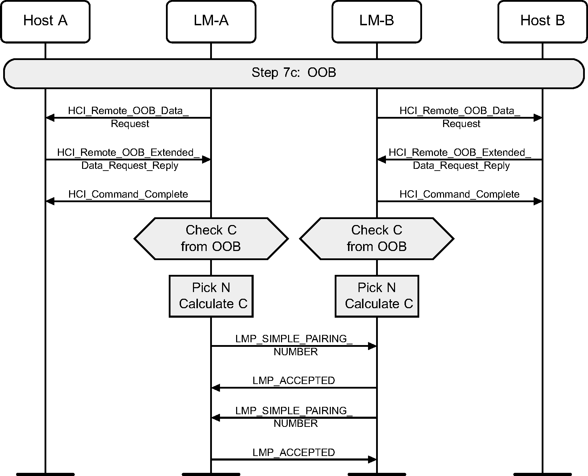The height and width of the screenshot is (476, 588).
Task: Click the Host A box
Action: pos(45,21)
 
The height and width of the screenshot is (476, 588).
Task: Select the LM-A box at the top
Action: pos(211,21)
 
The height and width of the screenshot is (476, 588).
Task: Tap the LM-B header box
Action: pos(376,21)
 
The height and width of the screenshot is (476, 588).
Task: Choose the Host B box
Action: pos(542,21)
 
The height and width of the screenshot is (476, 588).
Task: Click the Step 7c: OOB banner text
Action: pos(294,73)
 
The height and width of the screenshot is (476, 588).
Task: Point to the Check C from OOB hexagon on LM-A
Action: pos(211,238)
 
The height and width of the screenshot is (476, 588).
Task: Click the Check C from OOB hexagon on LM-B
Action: pos(376,238)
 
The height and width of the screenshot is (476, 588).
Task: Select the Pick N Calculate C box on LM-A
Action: pos(211,296)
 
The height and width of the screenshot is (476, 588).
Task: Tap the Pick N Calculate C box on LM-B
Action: pos(377,296)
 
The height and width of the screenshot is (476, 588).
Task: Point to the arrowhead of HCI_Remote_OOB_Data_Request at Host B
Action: pos(538,118)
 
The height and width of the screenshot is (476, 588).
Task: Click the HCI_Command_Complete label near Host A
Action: pos(128,194)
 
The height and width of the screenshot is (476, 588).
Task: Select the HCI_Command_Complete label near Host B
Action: pos(459,194)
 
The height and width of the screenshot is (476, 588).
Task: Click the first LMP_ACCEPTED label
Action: pos(294,381)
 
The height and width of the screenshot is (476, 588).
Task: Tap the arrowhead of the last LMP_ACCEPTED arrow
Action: pos(372,459)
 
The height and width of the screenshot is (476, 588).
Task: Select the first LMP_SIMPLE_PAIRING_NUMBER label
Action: pos(294,345)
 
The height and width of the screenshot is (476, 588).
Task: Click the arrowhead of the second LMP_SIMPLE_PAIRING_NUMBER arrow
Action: pos(216,418)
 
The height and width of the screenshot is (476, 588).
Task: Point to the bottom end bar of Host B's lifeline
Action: pos(542,474)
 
